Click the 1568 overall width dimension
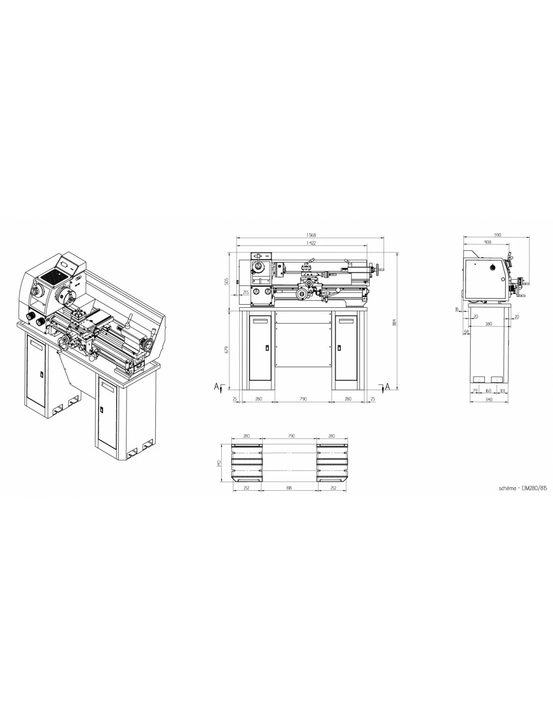[x=311, y=235]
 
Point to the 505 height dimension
[x=226, y=281]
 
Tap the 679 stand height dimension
[x=226, y=348]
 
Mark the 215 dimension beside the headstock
[x=246, y=292]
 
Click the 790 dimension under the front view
[x=303, y=399]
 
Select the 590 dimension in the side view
[x=498, y=235]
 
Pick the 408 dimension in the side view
[x=487, y=242]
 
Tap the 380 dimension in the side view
[x=489, y=324]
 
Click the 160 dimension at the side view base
[x=489, y=390]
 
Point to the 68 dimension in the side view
[x=467, y=331]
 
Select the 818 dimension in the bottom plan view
[x=289, y=487]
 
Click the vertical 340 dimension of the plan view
[x=219, y=463]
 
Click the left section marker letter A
[x=216, y=386]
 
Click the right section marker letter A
[x=387, y=386]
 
